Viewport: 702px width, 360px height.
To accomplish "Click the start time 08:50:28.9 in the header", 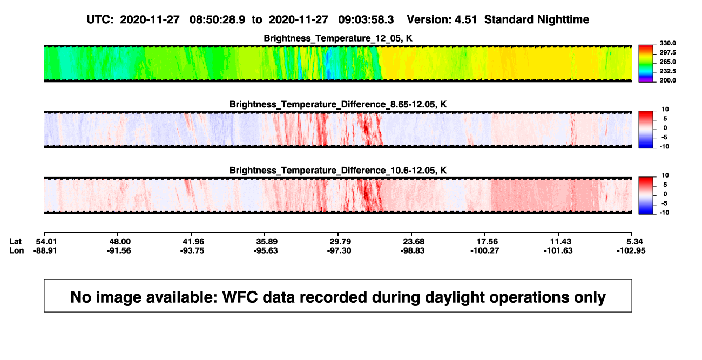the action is pos(217,19).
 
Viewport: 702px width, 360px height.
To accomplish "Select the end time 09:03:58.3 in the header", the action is pos(366,19).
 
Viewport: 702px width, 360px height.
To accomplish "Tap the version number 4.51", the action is pos(465,19).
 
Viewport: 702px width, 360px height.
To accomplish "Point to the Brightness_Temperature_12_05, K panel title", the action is pos(338,38).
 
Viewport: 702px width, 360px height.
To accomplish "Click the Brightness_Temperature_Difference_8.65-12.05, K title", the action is pos(338,104).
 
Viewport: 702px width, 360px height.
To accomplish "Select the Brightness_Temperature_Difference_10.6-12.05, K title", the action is pos(338,171).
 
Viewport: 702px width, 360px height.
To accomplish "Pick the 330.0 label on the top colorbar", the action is pos(667,43).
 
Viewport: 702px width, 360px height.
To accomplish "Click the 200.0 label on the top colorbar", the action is pos(667,80).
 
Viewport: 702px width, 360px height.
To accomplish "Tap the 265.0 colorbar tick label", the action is pos(667,62).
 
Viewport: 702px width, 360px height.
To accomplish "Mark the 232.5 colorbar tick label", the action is pos(667,71).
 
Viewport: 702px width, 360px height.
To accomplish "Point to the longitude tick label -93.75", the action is pos(192,250).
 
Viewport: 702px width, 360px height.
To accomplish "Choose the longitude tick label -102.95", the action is pos(631,250).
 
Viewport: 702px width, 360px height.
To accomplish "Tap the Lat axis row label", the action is pos(15,242).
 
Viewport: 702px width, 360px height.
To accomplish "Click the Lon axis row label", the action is pos(16,250).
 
